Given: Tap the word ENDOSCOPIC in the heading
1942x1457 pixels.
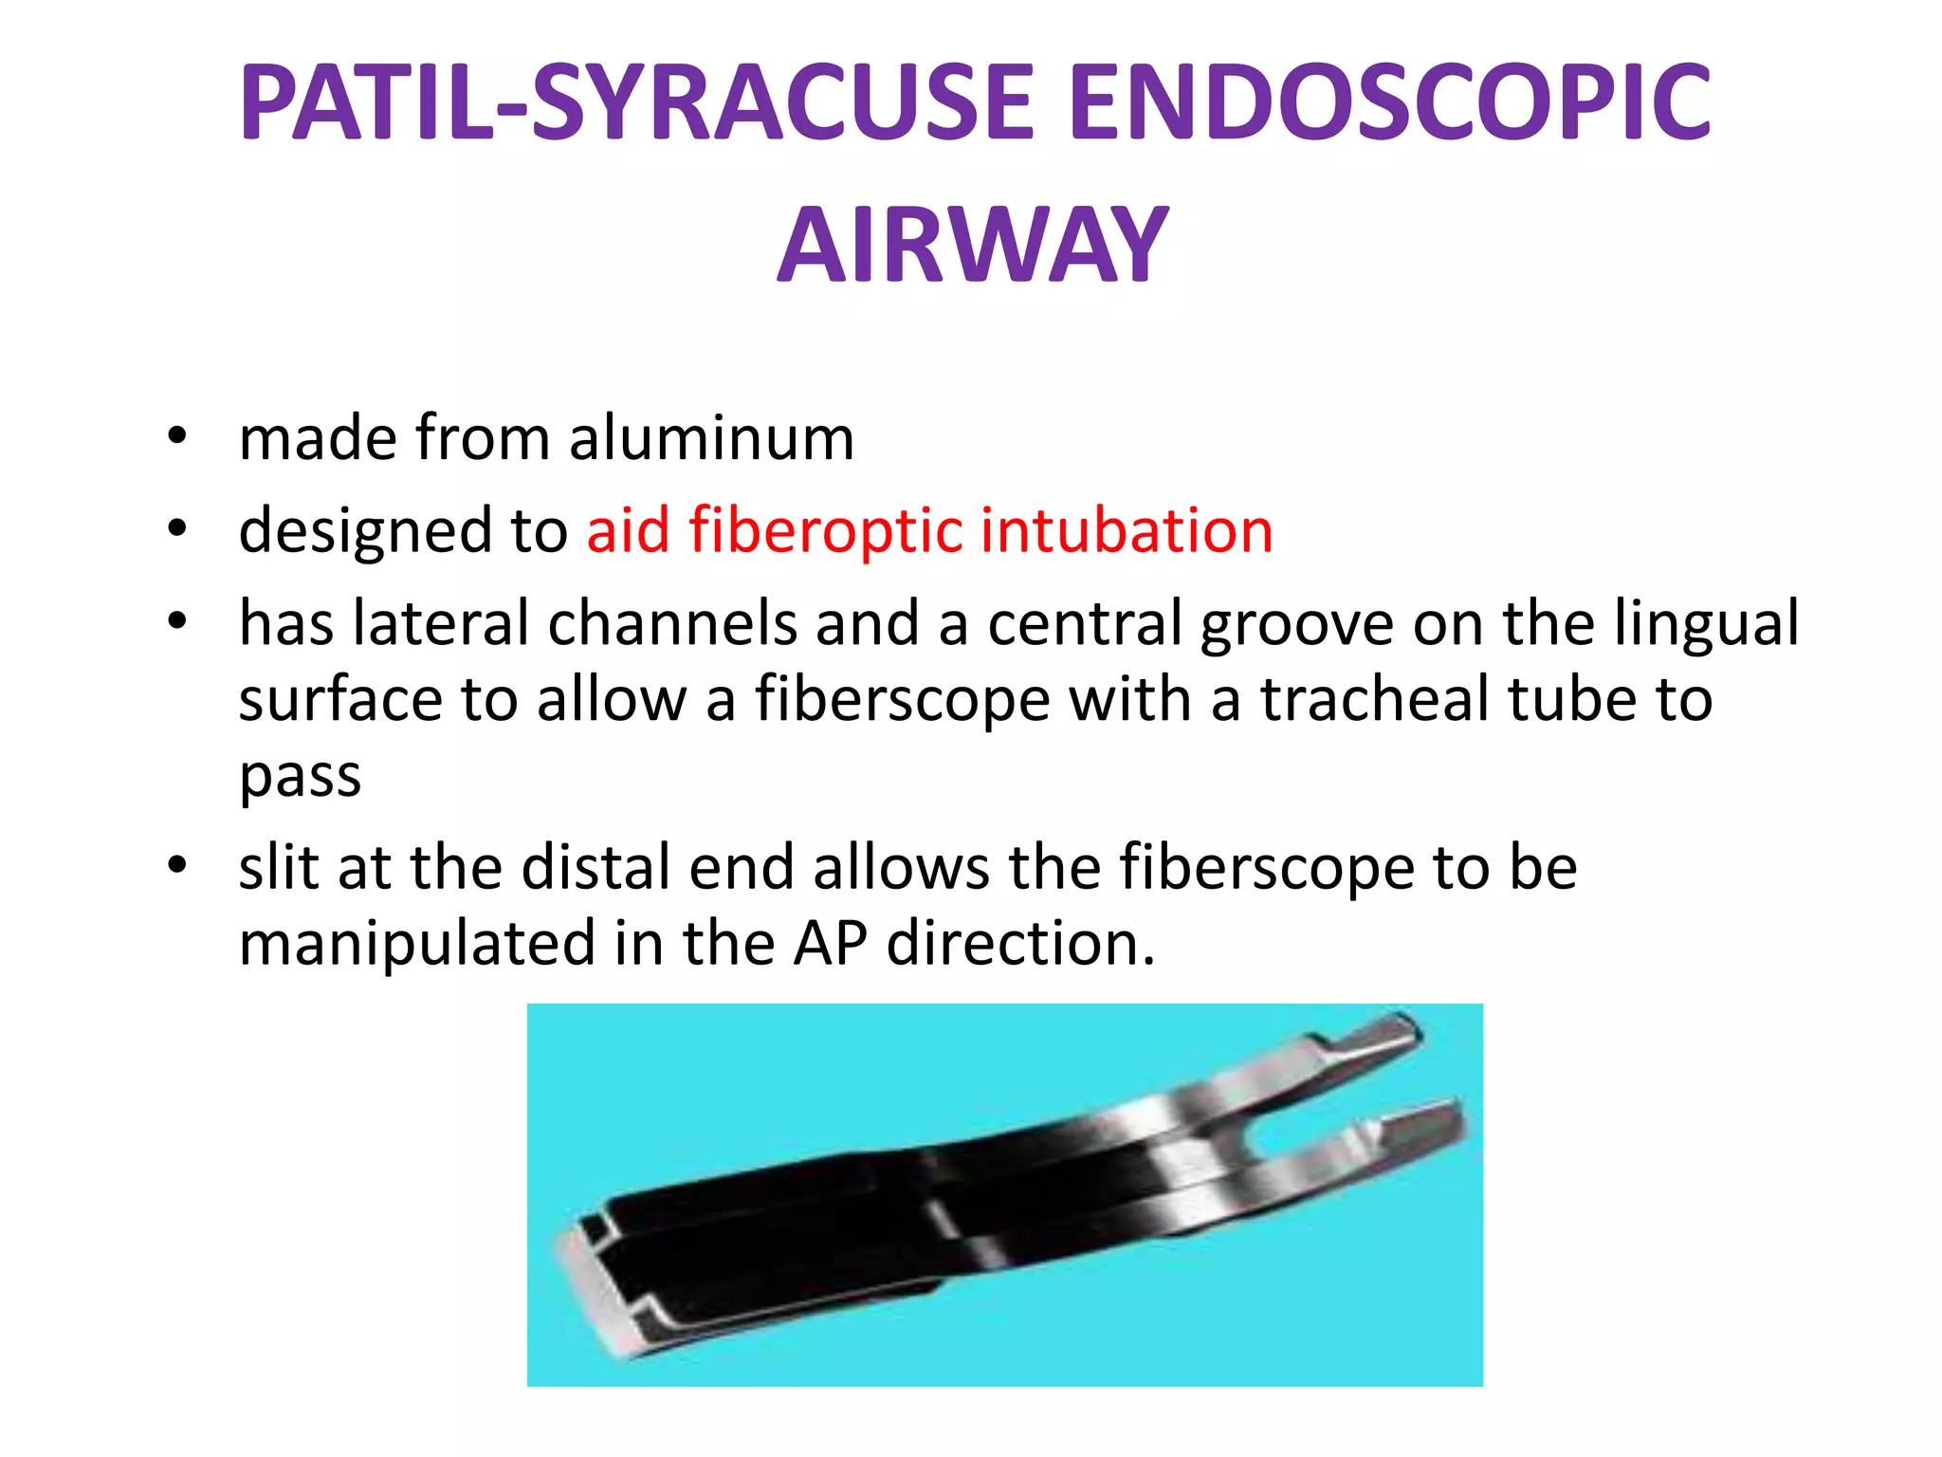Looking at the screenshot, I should click(x=1390, y=102).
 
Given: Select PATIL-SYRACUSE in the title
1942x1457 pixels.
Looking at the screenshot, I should click(x=636, y=102).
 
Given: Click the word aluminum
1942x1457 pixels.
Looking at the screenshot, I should click(x=711, y=439).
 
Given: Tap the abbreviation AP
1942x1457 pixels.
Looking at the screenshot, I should click(x=831, y=944).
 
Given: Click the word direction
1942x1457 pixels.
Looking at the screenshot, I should click(x=1020, y=944).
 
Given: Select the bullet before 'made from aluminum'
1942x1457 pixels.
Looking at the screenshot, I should click(x=176, y=439).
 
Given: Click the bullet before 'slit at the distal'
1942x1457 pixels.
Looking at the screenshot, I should click(x=176, y=867).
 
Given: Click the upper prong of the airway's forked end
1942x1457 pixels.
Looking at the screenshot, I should click(x=1375, y=1039).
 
